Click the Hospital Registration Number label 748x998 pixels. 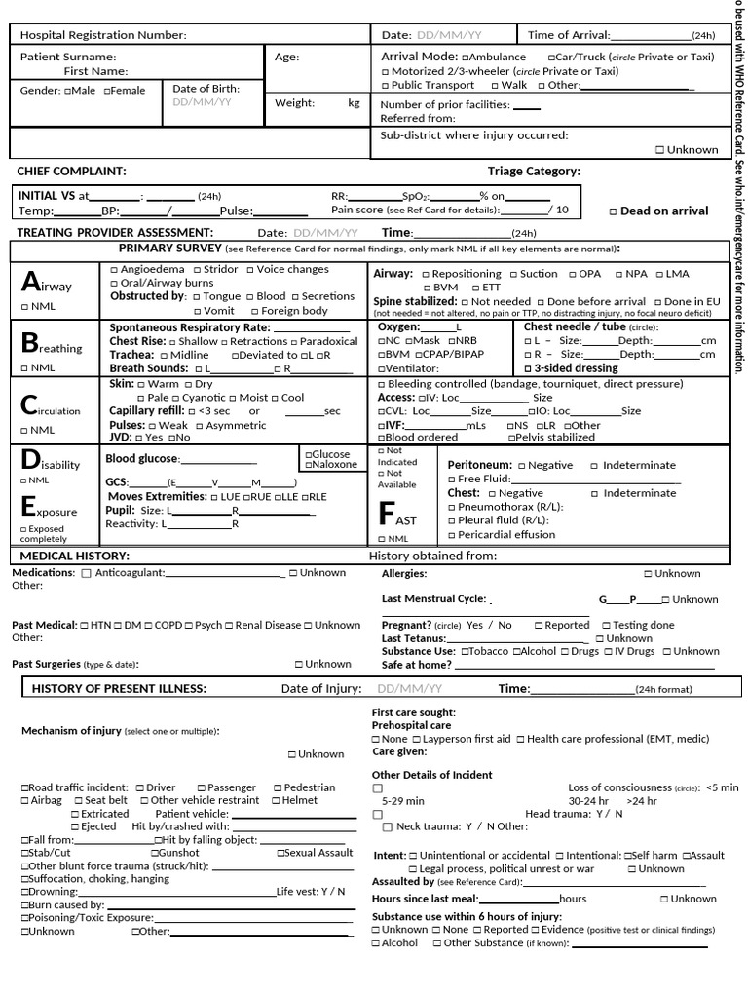coord(103,35)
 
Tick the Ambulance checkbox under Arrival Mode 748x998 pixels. coord(466,58)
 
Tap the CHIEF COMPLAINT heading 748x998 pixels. coord(72,172)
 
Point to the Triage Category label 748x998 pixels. coord(534,172)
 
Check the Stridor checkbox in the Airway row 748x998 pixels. coord(198,269)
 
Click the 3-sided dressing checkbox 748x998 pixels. coord(528,368)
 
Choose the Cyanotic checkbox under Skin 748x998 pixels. coord(175,398)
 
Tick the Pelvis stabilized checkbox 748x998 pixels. coord(509,438)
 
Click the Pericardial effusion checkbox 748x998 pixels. coord(452,535)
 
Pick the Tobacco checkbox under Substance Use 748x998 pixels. coord(465,651)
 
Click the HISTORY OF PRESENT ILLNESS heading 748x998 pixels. coord(119,689)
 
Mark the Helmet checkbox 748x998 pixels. coord(276,800)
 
